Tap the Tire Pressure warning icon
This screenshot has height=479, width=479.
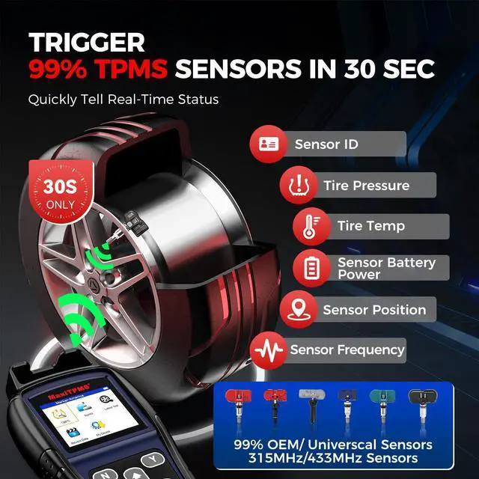[x=299, y=184]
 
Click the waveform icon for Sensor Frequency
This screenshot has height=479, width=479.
[x=267, y=349]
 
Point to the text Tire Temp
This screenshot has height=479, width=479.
[x=371, y=225]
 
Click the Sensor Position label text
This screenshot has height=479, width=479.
[x=374, y=310]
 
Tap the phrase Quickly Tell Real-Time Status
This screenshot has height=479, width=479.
[x=123, y=99]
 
